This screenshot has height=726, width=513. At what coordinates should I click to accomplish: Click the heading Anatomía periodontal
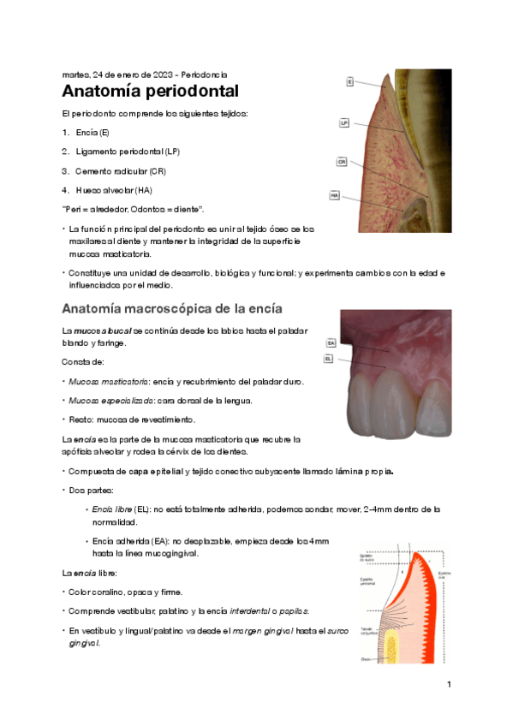150,92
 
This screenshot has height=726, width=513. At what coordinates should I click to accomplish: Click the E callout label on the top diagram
350,82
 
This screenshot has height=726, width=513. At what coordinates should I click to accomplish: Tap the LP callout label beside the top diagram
344,123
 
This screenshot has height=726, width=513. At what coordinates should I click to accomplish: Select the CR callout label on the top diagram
342,161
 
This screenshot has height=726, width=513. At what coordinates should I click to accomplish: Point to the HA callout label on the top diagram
335,195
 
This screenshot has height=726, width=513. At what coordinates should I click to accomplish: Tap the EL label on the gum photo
329,359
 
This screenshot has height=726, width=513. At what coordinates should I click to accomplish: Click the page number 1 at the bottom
448,685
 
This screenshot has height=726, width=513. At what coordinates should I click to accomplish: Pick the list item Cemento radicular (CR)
120,170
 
